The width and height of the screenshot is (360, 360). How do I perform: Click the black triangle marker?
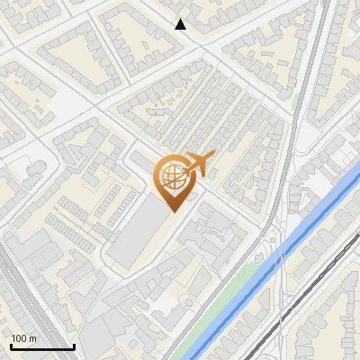click(x=181, y=24)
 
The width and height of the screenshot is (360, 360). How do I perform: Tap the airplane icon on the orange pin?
click(x=199, y=164)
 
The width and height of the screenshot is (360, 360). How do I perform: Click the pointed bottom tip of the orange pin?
click(x=174, y=211)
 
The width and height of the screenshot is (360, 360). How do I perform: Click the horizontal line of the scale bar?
click(x=41, y=346)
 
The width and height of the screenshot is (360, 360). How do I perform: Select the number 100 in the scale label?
click(x=19, y=338)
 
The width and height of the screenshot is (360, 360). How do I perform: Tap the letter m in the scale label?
click(x=32, y=338)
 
